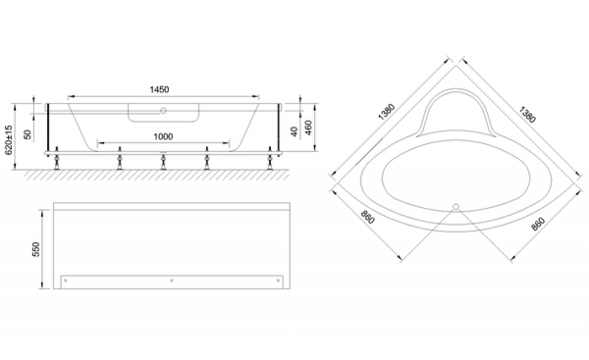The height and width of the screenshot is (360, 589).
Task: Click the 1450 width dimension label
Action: (159, 89)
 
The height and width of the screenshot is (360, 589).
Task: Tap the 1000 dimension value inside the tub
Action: (163, 136)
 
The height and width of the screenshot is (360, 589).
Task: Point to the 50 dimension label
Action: (27, 134)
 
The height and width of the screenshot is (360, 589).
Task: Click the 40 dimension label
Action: (294, 131)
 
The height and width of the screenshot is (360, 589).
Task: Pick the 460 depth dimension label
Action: (308, 128)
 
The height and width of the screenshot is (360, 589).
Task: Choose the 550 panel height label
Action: (35, 249)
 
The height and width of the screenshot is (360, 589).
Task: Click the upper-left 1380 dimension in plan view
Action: (387, 112)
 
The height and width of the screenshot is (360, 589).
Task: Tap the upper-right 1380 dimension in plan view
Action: (526, 115)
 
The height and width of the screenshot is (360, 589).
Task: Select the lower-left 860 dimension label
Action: (368, 217)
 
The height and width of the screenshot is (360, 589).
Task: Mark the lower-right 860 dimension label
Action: (538, 224)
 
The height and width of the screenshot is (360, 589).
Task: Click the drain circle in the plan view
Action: (456, 206)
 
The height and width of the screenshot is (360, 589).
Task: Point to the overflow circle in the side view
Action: (163, 111)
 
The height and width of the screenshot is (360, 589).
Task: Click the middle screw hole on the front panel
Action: (172, 281)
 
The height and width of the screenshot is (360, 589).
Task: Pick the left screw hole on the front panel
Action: (66, 281)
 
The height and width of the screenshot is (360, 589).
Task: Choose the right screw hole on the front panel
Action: (279, 281)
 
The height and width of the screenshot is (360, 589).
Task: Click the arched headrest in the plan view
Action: (455, 90)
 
